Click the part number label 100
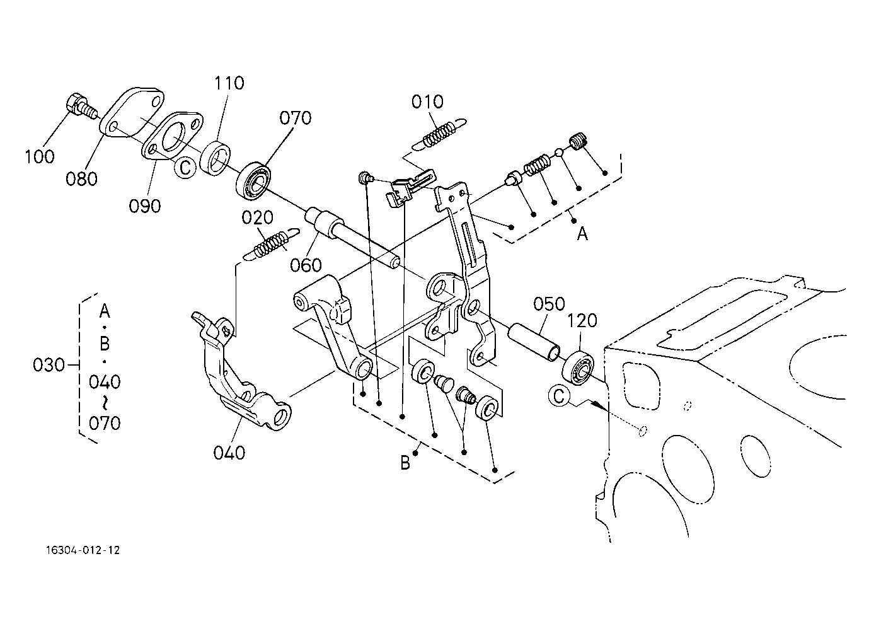(40, 157)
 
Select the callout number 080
(81, 179)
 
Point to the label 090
(145, 206)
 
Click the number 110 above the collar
(229, 83)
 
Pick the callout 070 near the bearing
(295, 118)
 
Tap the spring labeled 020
(271, 244)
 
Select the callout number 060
(306, 265)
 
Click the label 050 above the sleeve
(549, 304)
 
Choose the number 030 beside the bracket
(49, 365)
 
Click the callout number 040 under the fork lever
(229, 453)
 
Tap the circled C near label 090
(185, 168)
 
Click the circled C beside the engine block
(559, 397)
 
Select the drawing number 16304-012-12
(83, 550)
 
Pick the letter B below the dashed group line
(405, 463)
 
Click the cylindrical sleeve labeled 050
(534, 342)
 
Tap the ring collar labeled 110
(216, 158)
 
